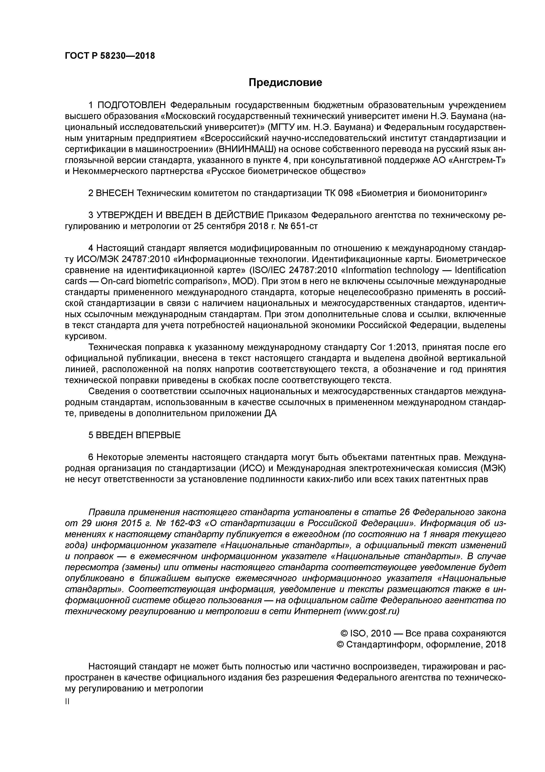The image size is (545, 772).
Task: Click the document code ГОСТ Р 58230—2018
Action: [110, 56]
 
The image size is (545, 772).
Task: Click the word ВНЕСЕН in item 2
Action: [115, 193]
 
